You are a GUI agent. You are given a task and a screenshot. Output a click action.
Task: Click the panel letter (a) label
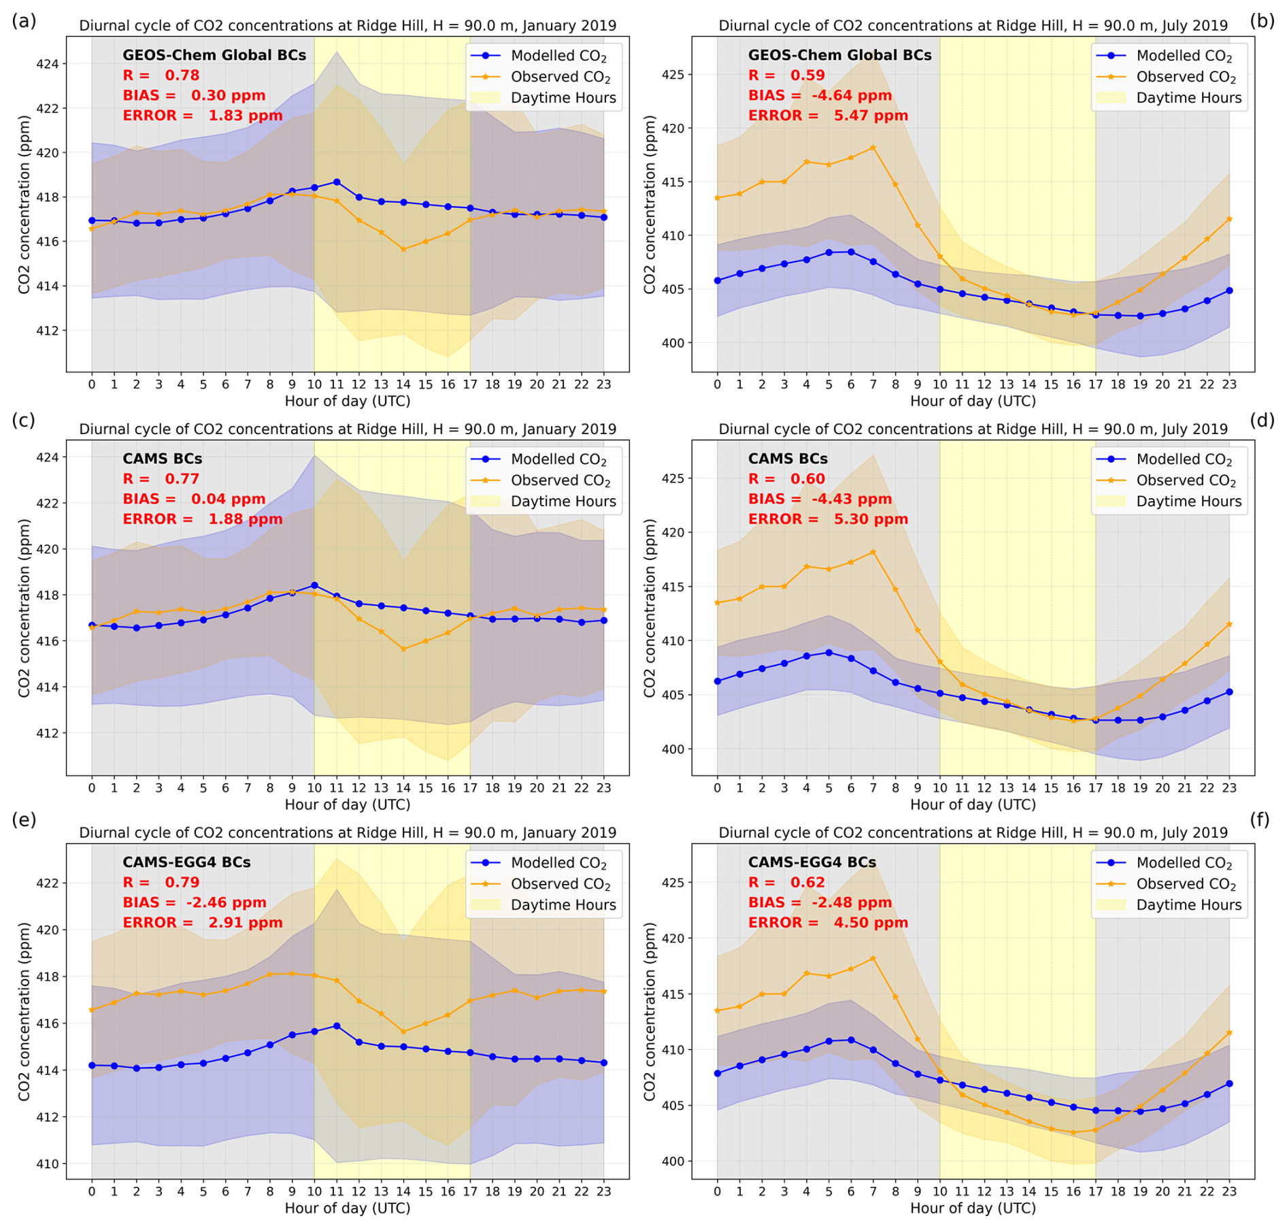[x=24, y=20]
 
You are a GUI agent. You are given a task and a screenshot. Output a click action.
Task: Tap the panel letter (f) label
[x=1260, y=819]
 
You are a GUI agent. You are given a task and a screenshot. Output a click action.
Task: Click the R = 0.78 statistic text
[x=161, y=76]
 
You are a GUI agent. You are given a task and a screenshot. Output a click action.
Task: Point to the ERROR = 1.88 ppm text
[x=202, y=519]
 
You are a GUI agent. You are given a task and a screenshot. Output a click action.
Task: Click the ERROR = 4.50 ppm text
[x=828, y=923]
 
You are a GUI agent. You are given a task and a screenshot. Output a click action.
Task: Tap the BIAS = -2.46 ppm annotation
[x=195, y=902]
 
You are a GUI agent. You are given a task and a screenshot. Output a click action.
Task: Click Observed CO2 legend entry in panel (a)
[x=560, y=77]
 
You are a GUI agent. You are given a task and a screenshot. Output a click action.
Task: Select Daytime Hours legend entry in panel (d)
[x=1188, y=502]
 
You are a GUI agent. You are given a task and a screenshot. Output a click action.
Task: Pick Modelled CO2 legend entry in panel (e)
[x=558, y=863]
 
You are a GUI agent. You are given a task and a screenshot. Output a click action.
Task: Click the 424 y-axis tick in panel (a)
[x=51, y=64]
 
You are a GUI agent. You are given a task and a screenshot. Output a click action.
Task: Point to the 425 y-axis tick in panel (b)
[x=677, y=74]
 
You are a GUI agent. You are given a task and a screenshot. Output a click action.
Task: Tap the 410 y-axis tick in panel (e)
[x=51, y=1164]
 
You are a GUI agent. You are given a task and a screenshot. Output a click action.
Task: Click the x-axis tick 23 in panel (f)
[x=1229, y=1192]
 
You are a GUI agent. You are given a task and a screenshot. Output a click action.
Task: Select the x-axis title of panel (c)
[x=347, y=804]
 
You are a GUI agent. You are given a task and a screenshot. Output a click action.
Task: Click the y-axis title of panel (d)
[x=650, y=608]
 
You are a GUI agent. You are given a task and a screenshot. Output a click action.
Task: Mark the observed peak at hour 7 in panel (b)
[x=873, y=148]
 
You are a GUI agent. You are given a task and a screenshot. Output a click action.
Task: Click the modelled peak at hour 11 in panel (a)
[x=336, y=182]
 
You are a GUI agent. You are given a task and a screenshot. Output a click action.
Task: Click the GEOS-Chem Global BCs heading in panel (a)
[x=214, y=55]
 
